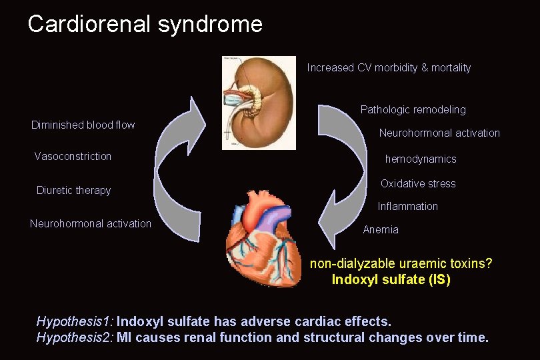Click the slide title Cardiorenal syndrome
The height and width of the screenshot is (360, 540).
pyautogui.click(x=145, y=25)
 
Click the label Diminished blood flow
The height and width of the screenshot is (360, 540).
pyautogui.click(x=83, y=125)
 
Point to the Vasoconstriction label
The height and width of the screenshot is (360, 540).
pyautogui.click(x=73, y=156)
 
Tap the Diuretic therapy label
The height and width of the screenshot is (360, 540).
pyautogui.click(x=73, y=190)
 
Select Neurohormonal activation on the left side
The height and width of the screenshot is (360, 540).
pyautogui.click(x=91, y=223)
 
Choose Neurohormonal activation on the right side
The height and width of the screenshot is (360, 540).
pyautogui.click(x=439, y=133)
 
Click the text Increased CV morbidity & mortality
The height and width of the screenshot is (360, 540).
pyautogui.click(x=389, y=67)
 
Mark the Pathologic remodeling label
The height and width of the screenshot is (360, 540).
pyautogui.click(x=413, y=109)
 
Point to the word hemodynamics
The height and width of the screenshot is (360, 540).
pyautogui.click(x=421, y=159)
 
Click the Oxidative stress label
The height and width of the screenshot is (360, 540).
pyautogui.click(x=418, y=183)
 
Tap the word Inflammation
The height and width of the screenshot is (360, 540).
pyautogui.click(x=407, y=206)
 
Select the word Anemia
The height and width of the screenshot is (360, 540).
pyautogui.click(x=381, y=229)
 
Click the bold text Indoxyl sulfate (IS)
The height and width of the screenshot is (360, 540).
pyautogui.click(x=391, y=279)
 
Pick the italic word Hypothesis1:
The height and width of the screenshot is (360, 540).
pyautogui.click(x=75, y=322)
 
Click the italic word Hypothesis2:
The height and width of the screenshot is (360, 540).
pyautogui.click(x=75, y=337)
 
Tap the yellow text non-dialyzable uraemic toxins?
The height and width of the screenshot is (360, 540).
pyautogui.click(x=401, y=263)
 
